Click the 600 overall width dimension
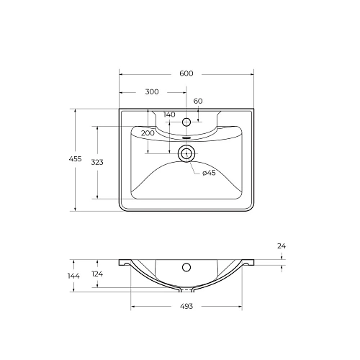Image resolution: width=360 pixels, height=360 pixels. pyautogui.click(x=186, y=74)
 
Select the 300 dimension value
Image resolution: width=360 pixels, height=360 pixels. pyautogui.click(x=152, y=92)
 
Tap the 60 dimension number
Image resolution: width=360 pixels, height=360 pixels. pyautogui.click(x=198, y=101)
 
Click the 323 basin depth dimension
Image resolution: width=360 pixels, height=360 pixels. pyautogui.click(x=97, y=163)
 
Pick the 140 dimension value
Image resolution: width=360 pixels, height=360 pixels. pyautogui.click(x=169, y=114)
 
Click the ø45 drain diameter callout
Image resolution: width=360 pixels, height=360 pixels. pyautogui.click(x=209, y=172)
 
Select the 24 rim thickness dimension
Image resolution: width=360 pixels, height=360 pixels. pyautogui.click(x=282, y=246)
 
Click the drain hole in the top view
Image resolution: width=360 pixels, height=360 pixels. pyautogui.click(x=186, y=153)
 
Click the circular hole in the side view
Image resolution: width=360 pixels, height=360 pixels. pyautogui.click(x=186, y=268)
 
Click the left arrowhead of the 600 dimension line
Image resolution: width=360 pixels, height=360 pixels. pyautogui.click(x=121, y=74)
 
